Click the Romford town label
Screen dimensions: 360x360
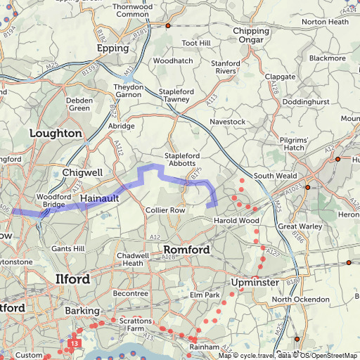click(186, 250)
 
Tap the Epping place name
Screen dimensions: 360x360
click(113, 49)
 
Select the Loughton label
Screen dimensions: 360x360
click(56, 133)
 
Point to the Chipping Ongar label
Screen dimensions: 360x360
click(251, 35)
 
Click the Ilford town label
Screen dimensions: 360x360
click(72, 280)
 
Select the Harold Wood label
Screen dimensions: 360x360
click(238, 221)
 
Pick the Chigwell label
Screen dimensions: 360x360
click(82, 172)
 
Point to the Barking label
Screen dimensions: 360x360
click(82, 310)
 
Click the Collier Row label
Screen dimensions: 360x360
click(165, 210)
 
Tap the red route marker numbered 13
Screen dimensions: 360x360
click(74, 343)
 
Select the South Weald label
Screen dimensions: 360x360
click(273, 176)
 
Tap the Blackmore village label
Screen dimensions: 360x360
click(328, 58)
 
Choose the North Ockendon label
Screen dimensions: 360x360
click(300, 300)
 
